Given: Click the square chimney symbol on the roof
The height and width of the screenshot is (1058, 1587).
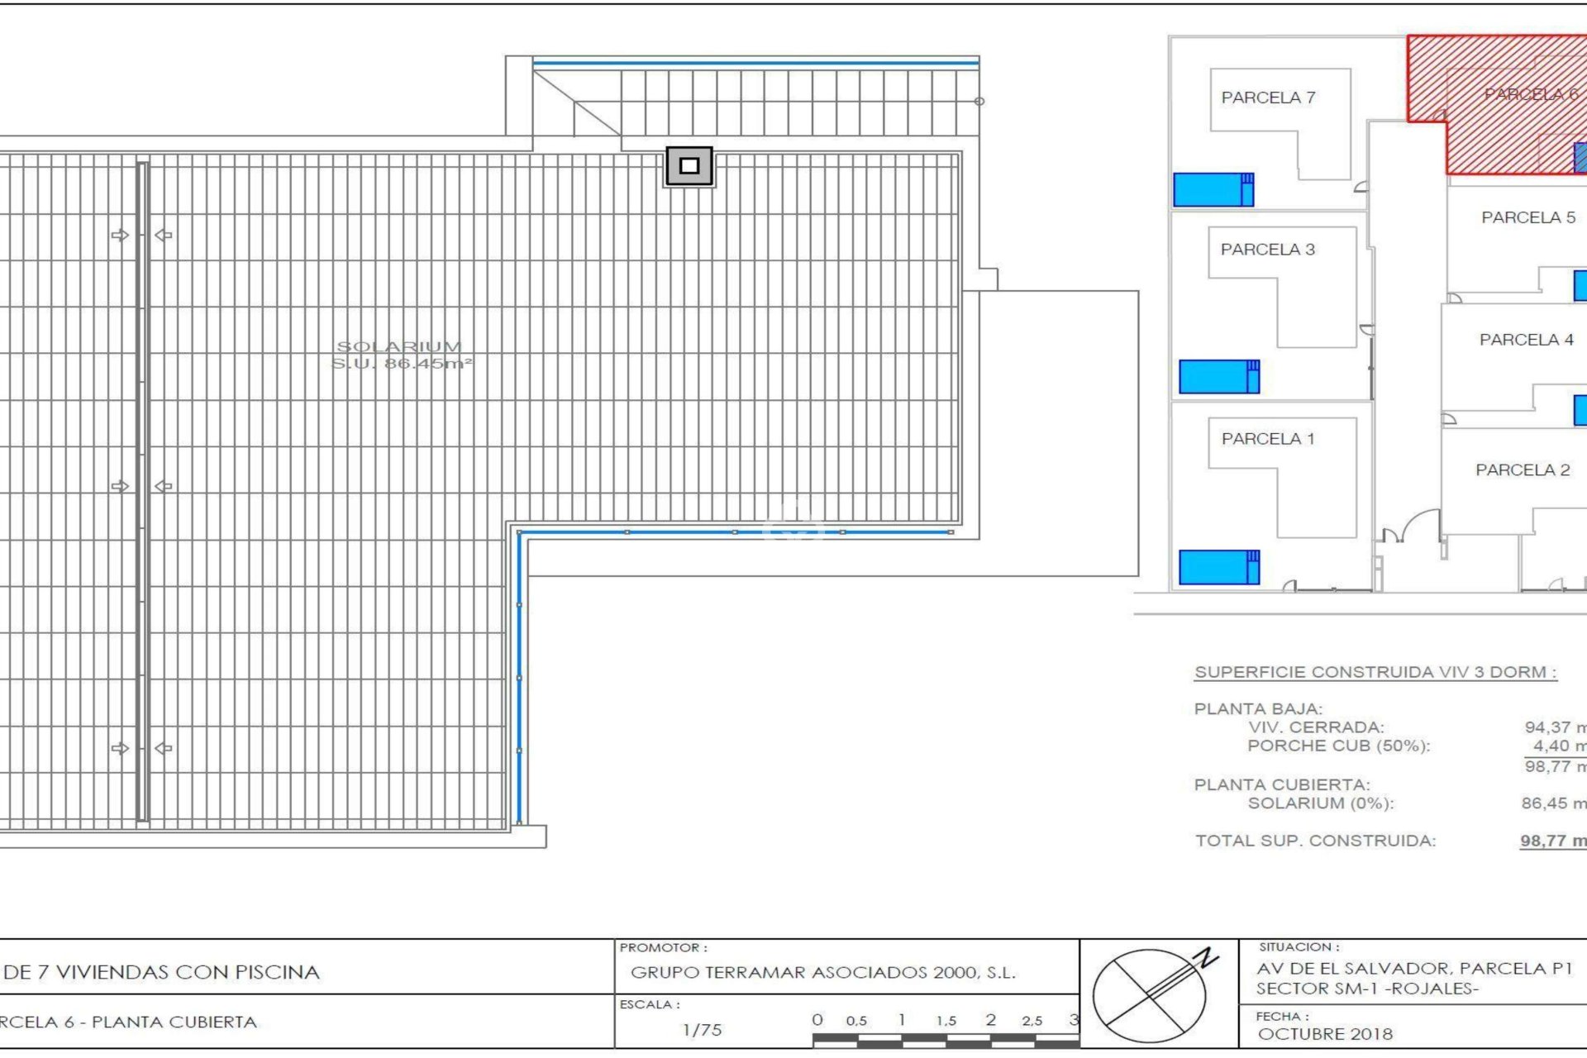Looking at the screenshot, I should (x=689, y=166).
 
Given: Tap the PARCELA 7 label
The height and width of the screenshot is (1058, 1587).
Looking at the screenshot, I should (x=1268, y=98).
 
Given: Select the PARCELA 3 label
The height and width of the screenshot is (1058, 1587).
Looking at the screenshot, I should (x=1267, y=250).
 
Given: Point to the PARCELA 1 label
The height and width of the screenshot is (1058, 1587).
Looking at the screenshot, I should (x=1268, y=439).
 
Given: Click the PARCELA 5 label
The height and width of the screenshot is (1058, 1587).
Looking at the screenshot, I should (x=1527, y=217).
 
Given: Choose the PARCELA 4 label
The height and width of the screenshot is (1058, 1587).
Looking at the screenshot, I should (x=1526, y=340).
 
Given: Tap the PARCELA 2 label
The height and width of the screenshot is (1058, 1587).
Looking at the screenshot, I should (x=1523, y=470).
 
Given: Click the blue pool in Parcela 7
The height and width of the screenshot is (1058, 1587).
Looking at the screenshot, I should (x=1213, y=190).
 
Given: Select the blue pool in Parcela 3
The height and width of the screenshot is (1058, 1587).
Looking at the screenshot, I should (x=1218, y=377).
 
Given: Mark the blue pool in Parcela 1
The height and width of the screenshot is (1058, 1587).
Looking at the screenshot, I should (x=1218, y=568).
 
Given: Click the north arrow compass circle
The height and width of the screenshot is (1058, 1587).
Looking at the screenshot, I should (x=1150, y=995).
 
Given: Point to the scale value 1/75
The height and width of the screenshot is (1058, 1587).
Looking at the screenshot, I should (x=702, y=1030).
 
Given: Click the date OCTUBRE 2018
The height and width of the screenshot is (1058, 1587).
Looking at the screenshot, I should (x=1325, y=1034).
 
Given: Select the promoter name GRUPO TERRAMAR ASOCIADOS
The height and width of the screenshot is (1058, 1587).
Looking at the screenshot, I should (x=822, y=973).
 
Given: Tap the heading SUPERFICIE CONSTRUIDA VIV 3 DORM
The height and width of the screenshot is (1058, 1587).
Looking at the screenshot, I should (x=1375, y=672).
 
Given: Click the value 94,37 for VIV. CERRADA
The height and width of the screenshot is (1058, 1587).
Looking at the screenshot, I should (x=1547, y=727).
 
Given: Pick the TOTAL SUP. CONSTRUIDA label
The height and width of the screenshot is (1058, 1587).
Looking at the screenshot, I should (x=1315, y=841).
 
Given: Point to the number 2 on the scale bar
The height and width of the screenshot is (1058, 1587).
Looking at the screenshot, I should (x=990, y=1020).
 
